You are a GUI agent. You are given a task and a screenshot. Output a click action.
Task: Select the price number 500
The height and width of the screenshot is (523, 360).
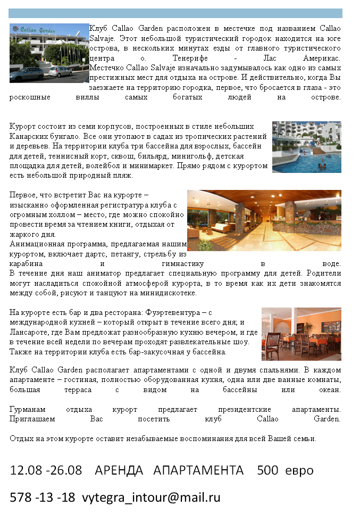click(267, 471)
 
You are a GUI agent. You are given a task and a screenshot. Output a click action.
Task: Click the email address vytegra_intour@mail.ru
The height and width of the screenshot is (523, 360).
click(151, 498)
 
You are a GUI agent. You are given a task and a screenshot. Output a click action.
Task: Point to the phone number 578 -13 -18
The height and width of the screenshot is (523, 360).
click(43, 498)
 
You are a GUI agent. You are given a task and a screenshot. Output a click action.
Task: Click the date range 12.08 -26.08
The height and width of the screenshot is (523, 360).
click(46, 471)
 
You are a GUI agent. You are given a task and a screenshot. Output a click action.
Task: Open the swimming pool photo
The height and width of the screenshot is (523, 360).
click(306, 147)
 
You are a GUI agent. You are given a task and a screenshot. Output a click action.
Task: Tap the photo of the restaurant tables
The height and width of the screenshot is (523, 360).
click(301, 334)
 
